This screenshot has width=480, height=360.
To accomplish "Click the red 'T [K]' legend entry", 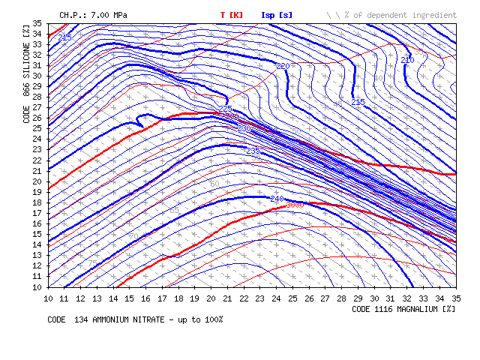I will (232, 15).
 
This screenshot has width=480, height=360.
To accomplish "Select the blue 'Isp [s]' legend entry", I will (277, 15).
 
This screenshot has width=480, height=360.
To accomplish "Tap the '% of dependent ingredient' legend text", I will (398, 15).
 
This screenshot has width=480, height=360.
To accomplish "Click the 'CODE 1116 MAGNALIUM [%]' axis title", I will (403, 308).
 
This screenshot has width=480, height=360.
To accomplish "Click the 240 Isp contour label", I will (277, 199).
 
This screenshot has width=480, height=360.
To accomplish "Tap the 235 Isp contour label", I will (253, 151).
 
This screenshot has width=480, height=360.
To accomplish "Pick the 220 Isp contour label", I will (283, 67).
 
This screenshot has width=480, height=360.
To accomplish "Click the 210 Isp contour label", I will (406, 60).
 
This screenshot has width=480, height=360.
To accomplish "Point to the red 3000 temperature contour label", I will (294, 205).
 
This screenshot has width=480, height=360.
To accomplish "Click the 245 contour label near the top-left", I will (64, 37).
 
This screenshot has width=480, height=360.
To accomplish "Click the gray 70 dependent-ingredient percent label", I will (133, 236).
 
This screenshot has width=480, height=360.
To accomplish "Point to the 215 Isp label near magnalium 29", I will (358, 101).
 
